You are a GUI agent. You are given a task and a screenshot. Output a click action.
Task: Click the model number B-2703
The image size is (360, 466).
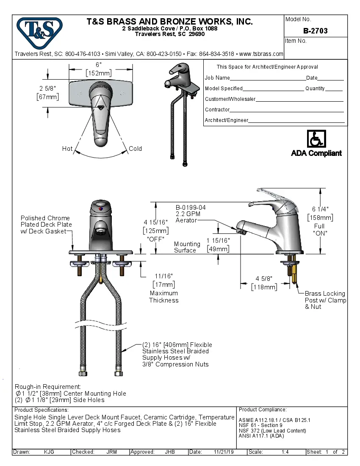(315, 31)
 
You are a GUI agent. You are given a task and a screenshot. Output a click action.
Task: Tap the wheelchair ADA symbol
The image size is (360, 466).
(316, 139)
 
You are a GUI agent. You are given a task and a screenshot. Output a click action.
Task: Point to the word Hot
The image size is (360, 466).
(67, 149)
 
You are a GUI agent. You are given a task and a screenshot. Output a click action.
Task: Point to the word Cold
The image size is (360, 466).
(135, 149)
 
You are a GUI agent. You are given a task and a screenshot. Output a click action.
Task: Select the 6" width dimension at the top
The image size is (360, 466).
(98, 69)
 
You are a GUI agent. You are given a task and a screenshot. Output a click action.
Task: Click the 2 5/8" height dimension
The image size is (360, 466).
(47, 92)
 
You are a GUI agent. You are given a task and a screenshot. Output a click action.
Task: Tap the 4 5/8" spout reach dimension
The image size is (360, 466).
(264, 283)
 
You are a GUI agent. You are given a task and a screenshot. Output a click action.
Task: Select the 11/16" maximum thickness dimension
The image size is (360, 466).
(163, 280)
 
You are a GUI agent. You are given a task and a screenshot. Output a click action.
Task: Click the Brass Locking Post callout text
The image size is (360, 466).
(325, 300)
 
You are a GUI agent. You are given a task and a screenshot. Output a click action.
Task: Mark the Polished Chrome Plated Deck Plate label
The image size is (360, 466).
(46, 225)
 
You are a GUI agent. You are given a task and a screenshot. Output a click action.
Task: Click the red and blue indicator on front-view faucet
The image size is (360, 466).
(100, 209)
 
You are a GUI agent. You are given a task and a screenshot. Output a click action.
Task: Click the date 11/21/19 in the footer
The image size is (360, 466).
(224, 452)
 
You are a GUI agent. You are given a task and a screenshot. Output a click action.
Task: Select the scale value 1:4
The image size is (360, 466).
(285, 452)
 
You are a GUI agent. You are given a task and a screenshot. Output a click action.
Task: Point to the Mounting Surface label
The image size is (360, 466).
(187, 247)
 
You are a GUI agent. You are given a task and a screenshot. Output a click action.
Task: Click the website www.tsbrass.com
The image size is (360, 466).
(261, 54)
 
